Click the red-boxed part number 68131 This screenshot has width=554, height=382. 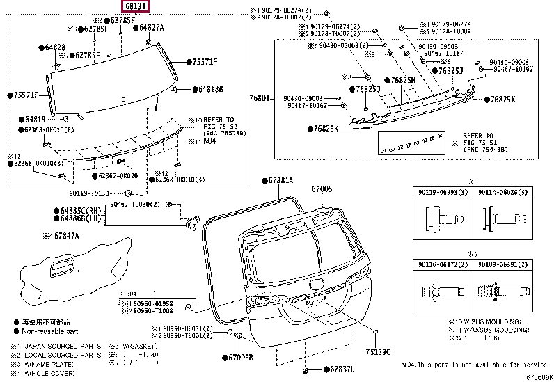click(x=135, y=6)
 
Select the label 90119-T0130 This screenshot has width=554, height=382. click(x=89, y=193)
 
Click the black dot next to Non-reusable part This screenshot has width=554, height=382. click(x=15, y=331)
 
